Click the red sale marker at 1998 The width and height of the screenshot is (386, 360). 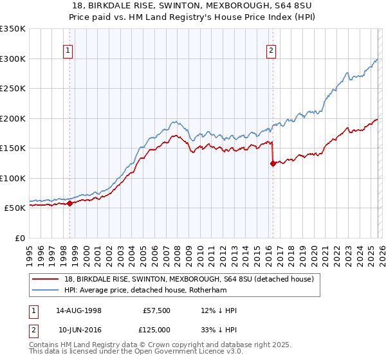[69, 204]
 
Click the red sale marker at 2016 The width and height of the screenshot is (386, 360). [273, 163]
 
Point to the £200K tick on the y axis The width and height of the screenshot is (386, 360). [12, 118]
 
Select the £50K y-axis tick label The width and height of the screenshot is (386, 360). [14, 208]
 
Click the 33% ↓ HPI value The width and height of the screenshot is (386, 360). [219, 329]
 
